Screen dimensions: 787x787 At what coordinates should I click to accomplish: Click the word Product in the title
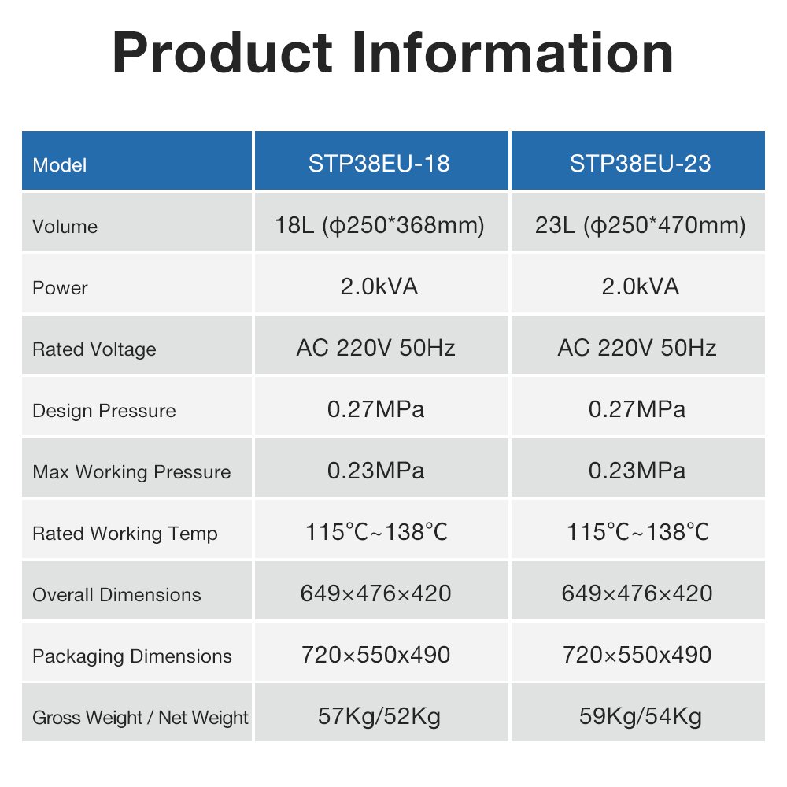(222, 53)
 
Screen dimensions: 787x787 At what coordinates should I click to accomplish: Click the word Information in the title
(512, 53)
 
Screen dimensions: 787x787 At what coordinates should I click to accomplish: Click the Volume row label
(65, 227)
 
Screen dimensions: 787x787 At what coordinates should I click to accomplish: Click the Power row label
(60, 287)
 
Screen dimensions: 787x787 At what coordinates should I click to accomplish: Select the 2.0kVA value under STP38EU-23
(640, 286)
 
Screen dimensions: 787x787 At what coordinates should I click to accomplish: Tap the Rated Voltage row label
(94, 349)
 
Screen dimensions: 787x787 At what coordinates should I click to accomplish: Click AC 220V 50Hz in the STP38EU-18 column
(376, 348)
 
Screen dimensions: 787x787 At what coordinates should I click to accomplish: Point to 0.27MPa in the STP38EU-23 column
(637, 409)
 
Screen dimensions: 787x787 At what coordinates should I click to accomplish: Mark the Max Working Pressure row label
(131, 471)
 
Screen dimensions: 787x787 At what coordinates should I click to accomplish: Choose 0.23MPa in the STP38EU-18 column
(376, 471)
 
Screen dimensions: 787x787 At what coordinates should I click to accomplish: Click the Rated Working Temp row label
(125, 534)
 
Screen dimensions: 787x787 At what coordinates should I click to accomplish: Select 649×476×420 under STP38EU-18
(376, 593)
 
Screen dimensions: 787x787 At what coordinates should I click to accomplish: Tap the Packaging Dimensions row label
(132, 656)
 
